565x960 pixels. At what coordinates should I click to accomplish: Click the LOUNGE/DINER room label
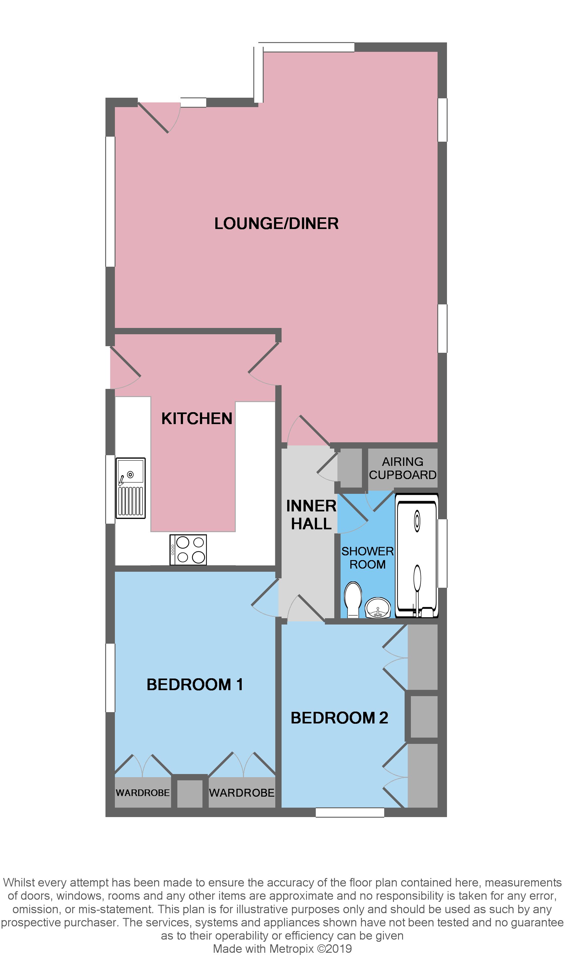[x=277, y=224]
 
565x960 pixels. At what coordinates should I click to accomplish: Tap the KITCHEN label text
[x=197, y=419]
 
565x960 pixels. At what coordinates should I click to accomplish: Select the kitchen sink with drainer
[x=131, y=488]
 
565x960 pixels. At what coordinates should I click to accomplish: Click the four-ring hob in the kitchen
[x=188, y=550]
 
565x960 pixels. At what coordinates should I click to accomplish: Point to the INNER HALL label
[x=311, y=515]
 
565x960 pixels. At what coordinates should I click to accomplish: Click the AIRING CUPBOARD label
[x=402, y=468]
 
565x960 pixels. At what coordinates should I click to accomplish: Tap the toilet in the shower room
[x=353, y=599]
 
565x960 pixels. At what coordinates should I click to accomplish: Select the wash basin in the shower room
[x=378, y=607]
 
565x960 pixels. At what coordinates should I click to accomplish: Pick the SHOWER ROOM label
[x=367, y=558]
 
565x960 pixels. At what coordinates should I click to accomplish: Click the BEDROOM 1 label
[x=195, y=685]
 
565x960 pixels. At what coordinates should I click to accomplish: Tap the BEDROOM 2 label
[x=339, y=718]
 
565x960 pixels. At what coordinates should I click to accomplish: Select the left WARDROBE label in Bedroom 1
[x=143, y=793]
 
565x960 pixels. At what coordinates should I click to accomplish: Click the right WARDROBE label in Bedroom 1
[x=242, y=793]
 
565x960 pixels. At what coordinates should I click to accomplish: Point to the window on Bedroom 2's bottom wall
[x=350, y=813]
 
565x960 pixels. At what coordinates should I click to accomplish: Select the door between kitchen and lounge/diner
[x=264, y=363]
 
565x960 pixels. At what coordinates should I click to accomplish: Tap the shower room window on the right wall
[x=442, y=553]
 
